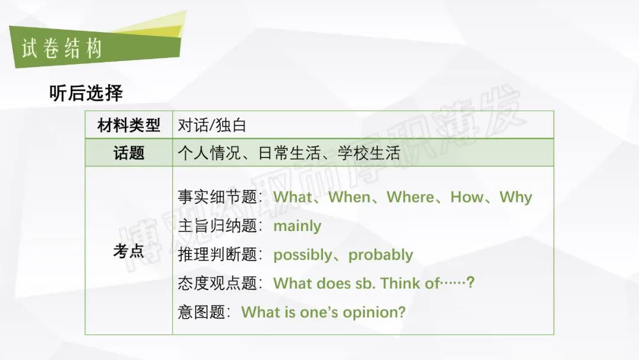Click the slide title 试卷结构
tap(62, 49)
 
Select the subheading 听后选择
tap(86, 93)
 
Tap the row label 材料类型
tap(129, 125)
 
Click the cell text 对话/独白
tap(212, 125)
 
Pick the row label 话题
tap(129, 153)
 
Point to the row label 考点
tap(129, 250)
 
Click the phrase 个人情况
tap(209, 153)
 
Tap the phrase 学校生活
tap(369, 153)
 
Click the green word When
tap(350, 197)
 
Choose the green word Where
tap(411, 197)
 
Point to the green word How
tap(467, 197)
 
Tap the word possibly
tap(303, 255)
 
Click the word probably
tap(380, 255)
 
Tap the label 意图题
tap(201, 312)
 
